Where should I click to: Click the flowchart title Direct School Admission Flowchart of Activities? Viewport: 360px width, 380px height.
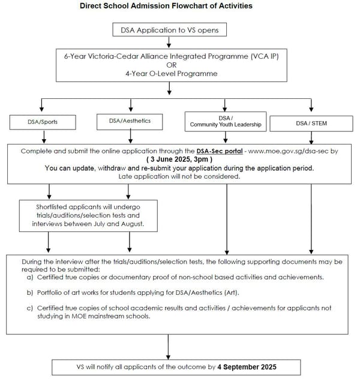click(166, 6)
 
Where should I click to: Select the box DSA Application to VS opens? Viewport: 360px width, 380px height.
click(170, 29)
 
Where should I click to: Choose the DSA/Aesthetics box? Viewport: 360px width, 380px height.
click(130, 121)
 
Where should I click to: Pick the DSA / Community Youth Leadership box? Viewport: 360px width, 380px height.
click(226, 121)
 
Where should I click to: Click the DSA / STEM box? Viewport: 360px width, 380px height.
click(311, 123)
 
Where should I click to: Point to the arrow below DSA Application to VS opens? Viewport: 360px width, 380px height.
click(170, 41)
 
